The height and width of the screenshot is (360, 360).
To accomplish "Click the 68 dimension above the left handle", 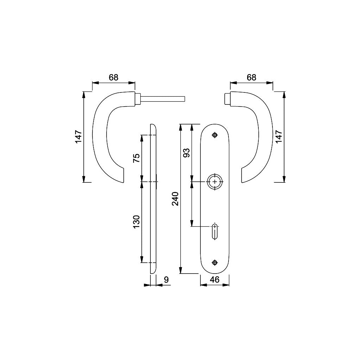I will pos(113,77).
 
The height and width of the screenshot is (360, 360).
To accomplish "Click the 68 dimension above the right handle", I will pos(251,77).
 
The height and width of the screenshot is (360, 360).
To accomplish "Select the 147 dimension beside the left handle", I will pos(78,137).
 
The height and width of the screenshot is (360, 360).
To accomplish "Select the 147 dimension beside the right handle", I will pos(278,137).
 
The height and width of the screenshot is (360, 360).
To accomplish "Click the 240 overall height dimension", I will pos(176,199).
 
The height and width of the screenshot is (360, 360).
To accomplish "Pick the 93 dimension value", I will pos(187,153).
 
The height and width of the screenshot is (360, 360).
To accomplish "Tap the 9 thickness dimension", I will pos(166,279).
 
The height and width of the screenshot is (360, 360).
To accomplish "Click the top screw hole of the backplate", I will pos(215,135).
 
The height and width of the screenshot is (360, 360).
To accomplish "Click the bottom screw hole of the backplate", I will pos(215,262).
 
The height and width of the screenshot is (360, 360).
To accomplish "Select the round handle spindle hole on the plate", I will pos(215,182).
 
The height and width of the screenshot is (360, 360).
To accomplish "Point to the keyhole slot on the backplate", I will pos(215,231).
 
